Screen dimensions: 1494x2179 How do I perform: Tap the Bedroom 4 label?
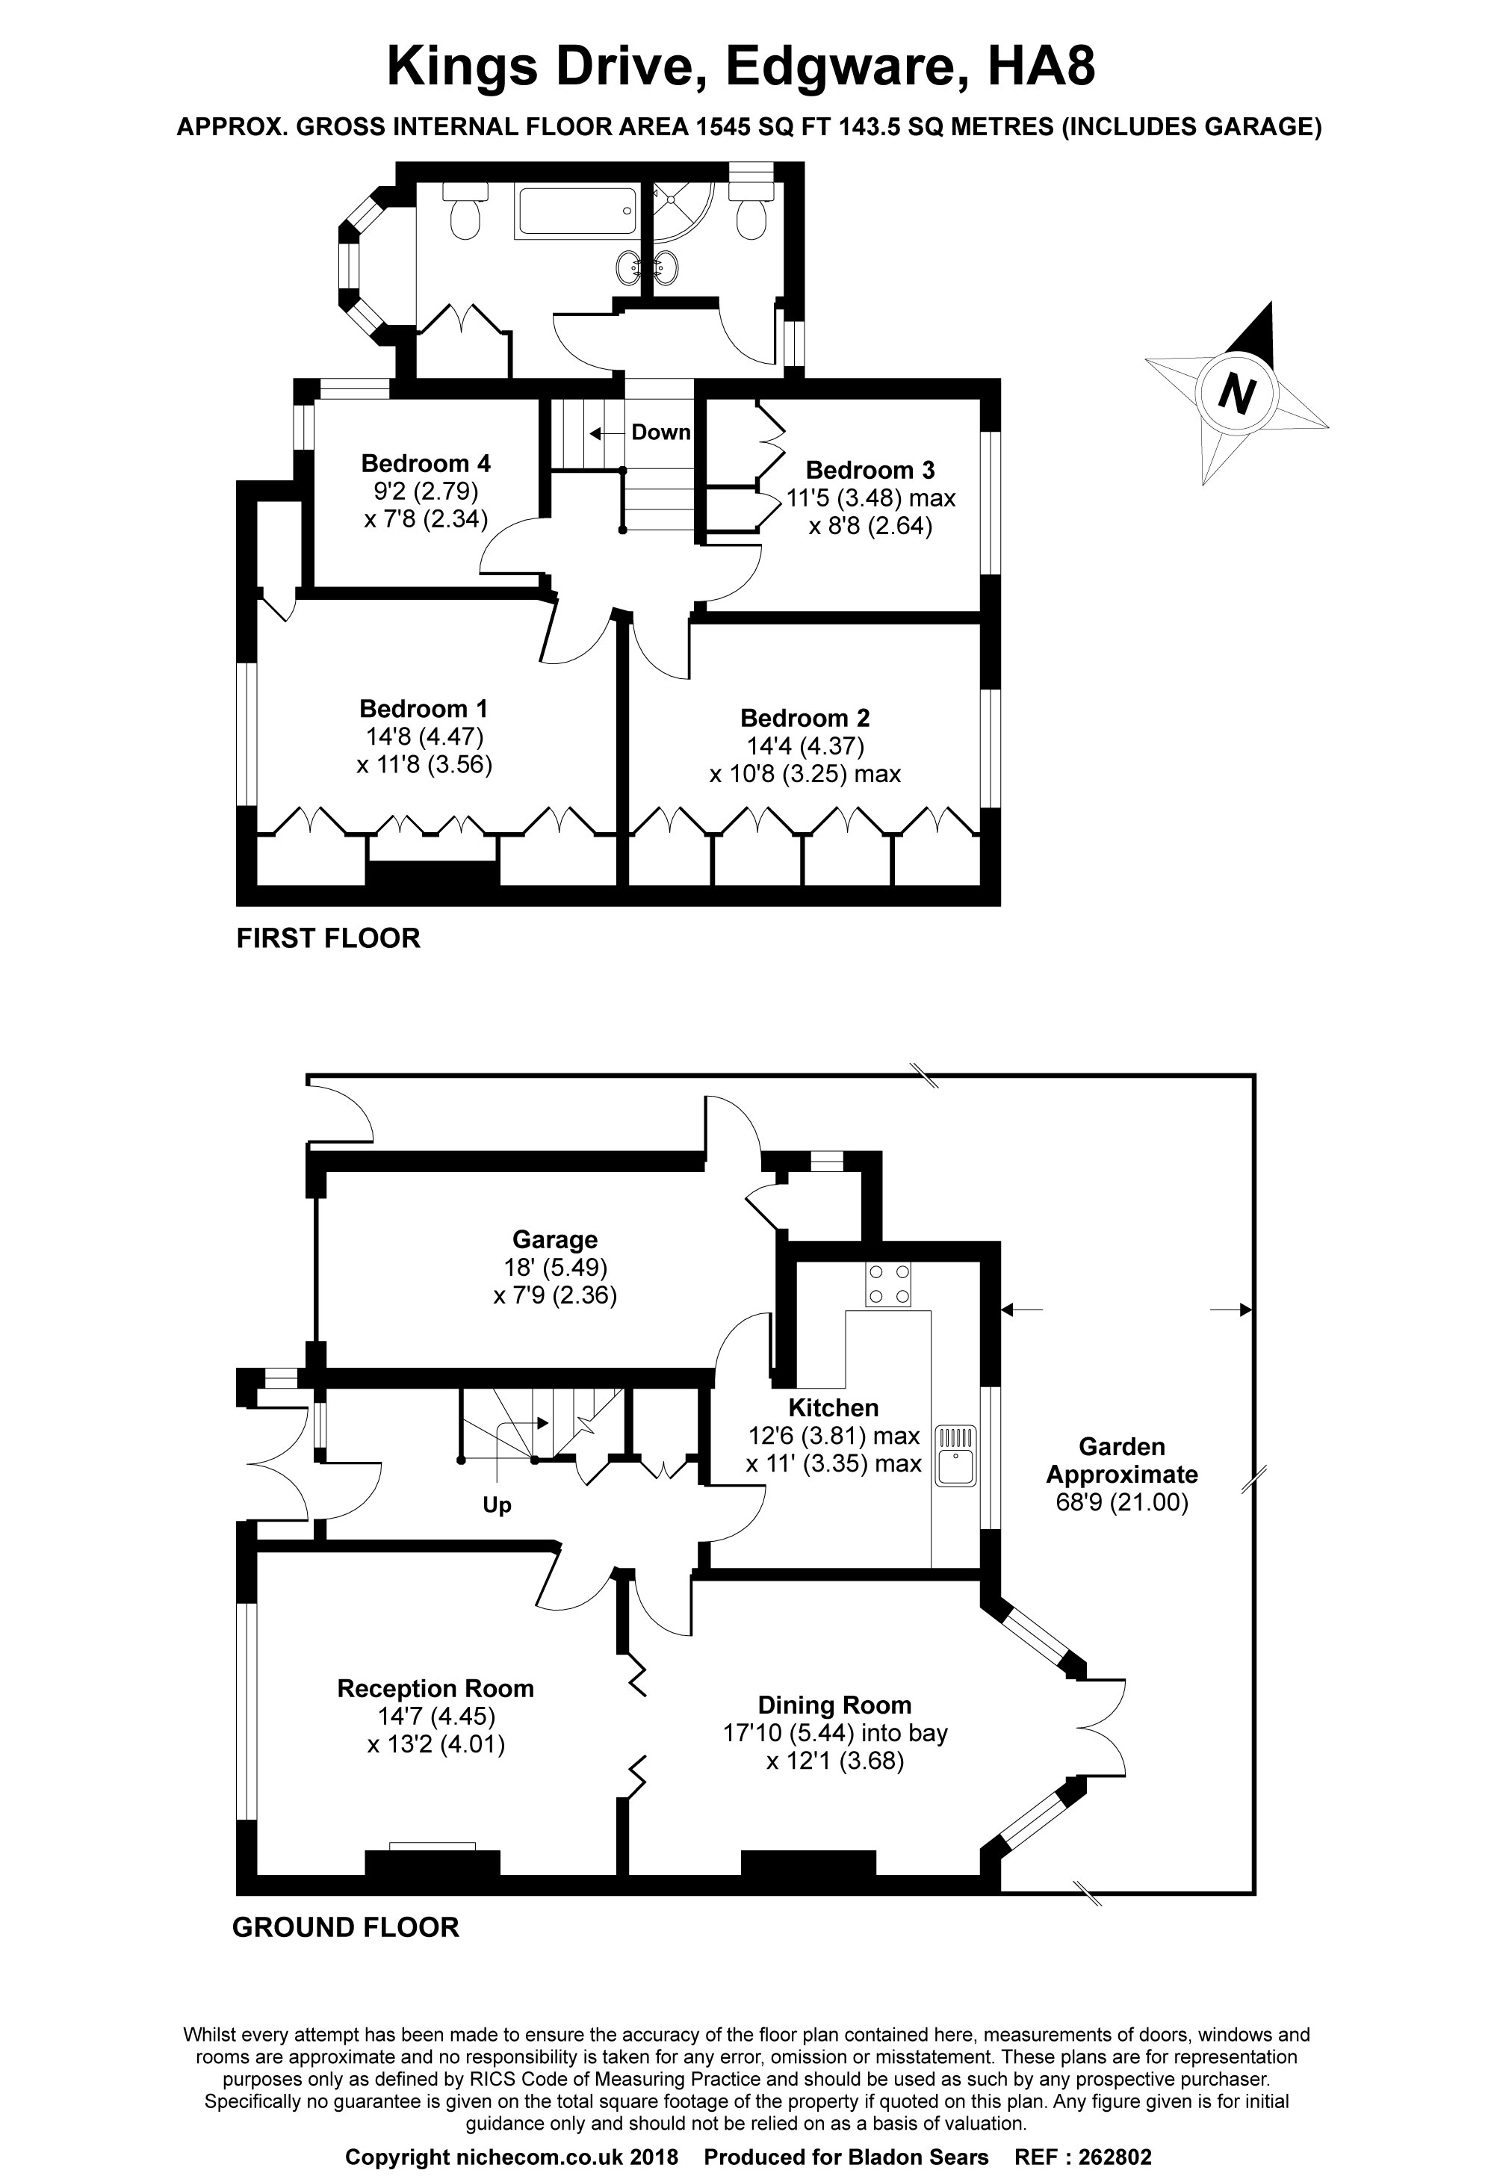426,463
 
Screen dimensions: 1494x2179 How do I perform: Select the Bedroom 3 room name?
870,470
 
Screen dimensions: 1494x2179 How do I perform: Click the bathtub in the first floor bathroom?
577,212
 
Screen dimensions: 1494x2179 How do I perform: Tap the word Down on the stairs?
661,433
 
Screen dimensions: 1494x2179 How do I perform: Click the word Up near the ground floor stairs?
497,1506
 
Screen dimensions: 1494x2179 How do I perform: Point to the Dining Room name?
834,1705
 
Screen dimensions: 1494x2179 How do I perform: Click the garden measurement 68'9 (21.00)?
1122,1503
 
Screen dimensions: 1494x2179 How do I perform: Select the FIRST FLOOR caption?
328,937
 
